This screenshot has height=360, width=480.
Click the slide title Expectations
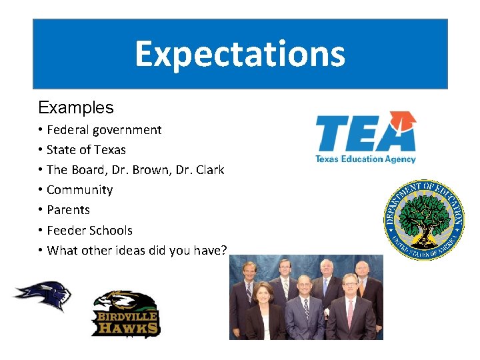pos(240,54)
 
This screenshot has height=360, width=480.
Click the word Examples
pos(76,107)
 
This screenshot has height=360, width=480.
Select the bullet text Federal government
pos(104,130)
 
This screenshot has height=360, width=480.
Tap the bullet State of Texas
pos(86,150)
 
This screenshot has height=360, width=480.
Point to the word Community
pos(79,190)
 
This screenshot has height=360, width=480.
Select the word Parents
pos(68,210)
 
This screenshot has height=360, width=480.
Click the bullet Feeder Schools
pos(89,231)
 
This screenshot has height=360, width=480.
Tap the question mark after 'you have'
pos(224,250)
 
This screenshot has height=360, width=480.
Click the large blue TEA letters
pos(360,133)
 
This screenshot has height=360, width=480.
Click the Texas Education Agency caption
pos(365,159)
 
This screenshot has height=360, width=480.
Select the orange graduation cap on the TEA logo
pos(403,121)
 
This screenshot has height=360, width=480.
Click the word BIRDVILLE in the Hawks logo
pos(125,316)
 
